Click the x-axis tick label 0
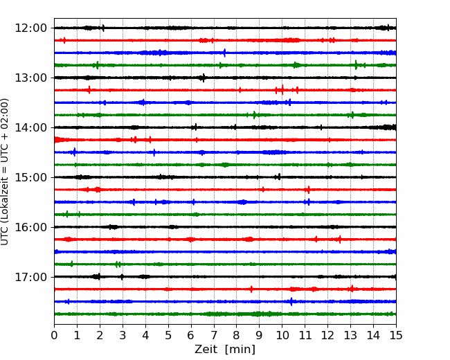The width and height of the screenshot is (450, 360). (54, 336)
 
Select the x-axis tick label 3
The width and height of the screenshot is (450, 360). (123, 336)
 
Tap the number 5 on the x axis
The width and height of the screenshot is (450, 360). (168, 336)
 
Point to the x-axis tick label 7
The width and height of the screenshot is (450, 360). (214, 336)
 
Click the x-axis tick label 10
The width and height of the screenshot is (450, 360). (282, 336)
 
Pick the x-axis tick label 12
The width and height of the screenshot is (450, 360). (327, 336)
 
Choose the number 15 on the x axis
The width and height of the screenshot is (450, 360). (396, 336)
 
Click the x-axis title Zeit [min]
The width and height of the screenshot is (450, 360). (225, 350)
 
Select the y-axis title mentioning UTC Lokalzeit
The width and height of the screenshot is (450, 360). (6, 171)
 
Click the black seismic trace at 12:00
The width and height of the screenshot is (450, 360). (225, 28)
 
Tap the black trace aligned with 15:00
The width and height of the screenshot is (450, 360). (225, 177)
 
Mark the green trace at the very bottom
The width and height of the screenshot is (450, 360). (225, 314)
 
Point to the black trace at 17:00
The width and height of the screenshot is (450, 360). (225, 277)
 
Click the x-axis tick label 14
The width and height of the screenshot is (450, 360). (373, 336)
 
